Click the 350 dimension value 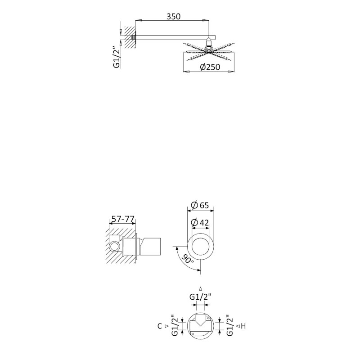pos(174,17)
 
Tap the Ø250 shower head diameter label pos(210,67)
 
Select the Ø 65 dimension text pos(200,205)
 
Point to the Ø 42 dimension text pos(200,222)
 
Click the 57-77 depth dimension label pos(122,219)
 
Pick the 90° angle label pos(188,259)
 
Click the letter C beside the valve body pos(160,326)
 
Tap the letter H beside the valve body pos(243,326)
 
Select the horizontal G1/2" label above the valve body pos(200,297)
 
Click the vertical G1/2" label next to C pos(175,326)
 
